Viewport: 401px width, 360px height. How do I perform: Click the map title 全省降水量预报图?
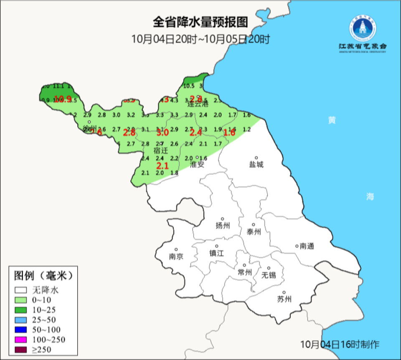coord(200,22)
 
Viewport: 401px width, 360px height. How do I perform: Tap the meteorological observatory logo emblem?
coord(363,28)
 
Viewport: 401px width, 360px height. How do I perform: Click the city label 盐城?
coord(256,165)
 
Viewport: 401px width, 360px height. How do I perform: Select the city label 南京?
coord(176,257)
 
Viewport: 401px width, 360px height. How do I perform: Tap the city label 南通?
coord(307,246)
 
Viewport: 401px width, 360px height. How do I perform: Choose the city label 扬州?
coord(223,226)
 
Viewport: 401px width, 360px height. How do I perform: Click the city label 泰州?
coord(254,232)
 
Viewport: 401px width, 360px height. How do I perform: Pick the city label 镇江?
coord(217,253)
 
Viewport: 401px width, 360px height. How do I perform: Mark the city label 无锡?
coord(269,275)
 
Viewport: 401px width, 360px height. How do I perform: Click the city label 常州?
coord(244,272)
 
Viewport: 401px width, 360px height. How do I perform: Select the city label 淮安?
coord(197,165)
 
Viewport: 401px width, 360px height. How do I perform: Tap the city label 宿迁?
coord(160,151)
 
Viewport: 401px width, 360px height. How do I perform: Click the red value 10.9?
coord(63,99)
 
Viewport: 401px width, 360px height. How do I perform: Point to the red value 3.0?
coord(162,133)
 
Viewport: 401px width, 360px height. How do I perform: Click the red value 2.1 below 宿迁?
coord(162,166)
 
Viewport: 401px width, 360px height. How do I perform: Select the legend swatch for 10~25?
coord(21,310)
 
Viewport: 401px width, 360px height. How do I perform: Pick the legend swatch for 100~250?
coord(21,339)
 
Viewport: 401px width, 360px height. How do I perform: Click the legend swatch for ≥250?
coord(21,349)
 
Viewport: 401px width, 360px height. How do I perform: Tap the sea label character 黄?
coord(332,120)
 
